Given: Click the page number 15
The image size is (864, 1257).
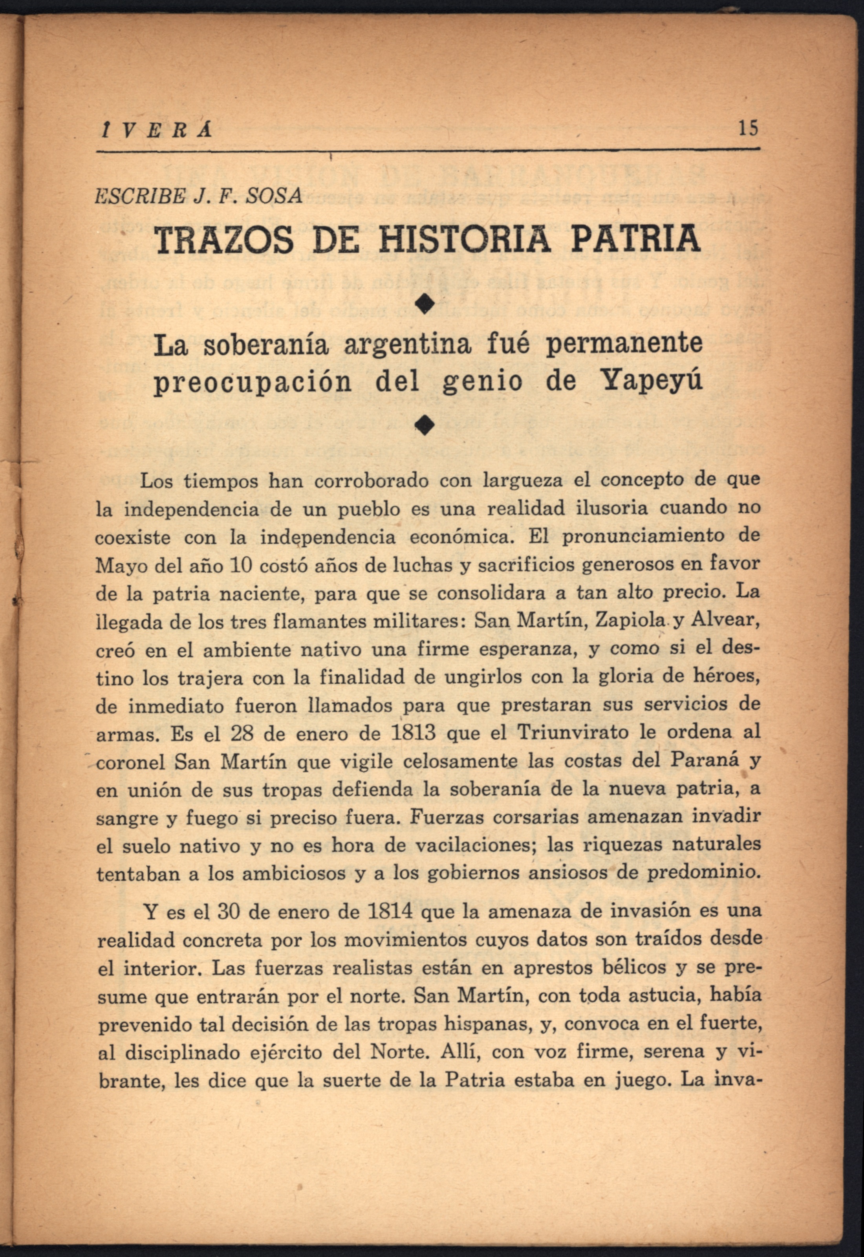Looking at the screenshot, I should coord(748,129).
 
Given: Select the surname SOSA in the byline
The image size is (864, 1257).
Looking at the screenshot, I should coord(275,196).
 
